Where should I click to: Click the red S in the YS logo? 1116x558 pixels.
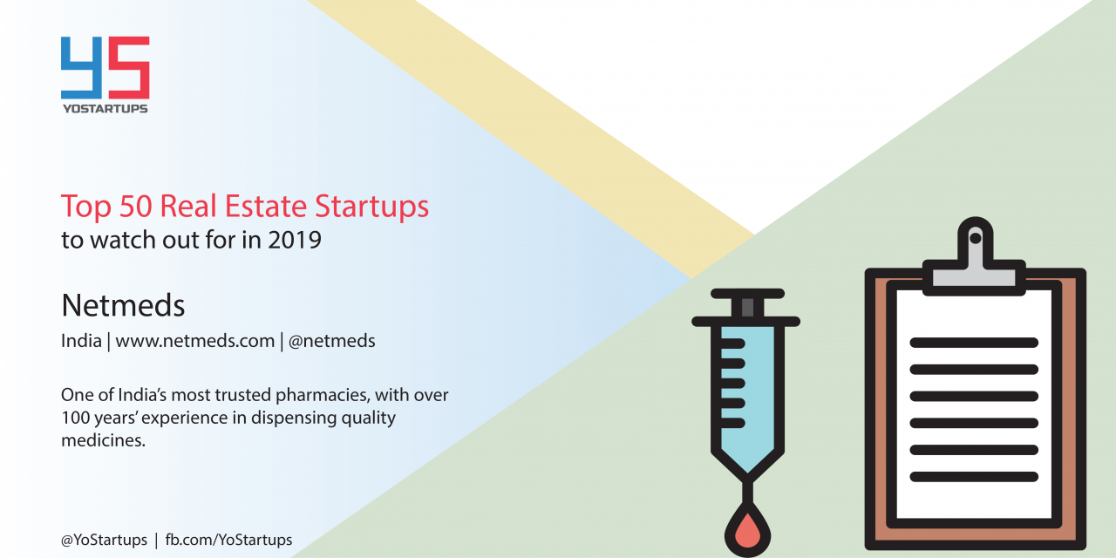(x=129, y=68)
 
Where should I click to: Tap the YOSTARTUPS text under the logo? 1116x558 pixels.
(x=105, y=109)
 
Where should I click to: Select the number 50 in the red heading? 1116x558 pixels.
(x=135, y=206)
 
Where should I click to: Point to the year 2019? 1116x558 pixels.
(x=295, y=240)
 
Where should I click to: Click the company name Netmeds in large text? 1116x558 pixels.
(x=123, y=305)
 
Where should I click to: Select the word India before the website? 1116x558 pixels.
(x=81, y=341)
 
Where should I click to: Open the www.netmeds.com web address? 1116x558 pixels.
(x=194, y=341)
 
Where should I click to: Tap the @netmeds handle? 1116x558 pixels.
(x=332, y=341)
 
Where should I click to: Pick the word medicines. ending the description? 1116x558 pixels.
(x=103, y=440)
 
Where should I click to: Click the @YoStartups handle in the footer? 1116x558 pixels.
(x=104, y=540)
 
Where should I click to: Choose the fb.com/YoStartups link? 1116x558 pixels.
(x=228, y=540)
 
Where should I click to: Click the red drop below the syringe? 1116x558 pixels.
(x=747, y=533)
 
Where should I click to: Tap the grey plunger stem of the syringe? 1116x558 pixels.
(x=747, y=308)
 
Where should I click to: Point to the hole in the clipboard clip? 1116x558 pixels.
(x=976, y=239)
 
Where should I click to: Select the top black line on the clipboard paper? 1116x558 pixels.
(x=974, y=343)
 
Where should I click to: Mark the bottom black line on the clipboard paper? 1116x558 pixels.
(x=974, y=477)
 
